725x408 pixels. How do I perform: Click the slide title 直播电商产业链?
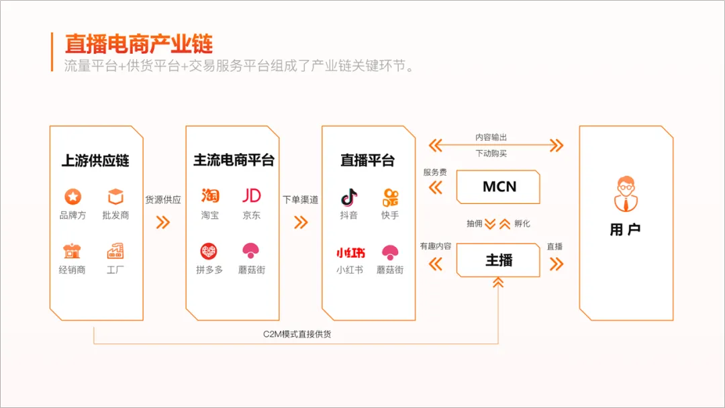pos(138,44)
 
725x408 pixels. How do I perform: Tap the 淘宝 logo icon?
pos(210,196)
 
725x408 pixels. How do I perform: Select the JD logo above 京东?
pos(252,196)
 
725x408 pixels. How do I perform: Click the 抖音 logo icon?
pos(348,197)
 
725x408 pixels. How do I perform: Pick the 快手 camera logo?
pos(390,197)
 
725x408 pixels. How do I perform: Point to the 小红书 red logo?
pos(350,253)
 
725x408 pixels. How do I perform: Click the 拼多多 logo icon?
pos(209,252)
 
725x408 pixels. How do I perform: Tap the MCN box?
pos(499,187)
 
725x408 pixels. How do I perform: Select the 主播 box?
pos(499,260)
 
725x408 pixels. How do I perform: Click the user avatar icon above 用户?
pos(625,193)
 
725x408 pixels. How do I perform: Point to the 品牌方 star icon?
pos(72,197)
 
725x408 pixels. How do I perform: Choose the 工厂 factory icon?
pos(115,252)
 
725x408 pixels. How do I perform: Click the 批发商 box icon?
pos(115,197)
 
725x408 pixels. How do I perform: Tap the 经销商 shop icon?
pos(72,252)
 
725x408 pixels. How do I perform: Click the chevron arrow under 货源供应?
pos(163,222)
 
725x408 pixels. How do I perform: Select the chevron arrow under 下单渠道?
pos(300,222)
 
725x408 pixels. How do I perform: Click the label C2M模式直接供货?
pos(297,334)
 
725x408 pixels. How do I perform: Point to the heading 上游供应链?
pos(95,161)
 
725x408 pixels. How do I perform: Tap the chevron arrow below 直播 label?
pos(556,264)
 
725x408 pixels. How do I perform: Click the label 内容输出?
pos(492,137)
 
